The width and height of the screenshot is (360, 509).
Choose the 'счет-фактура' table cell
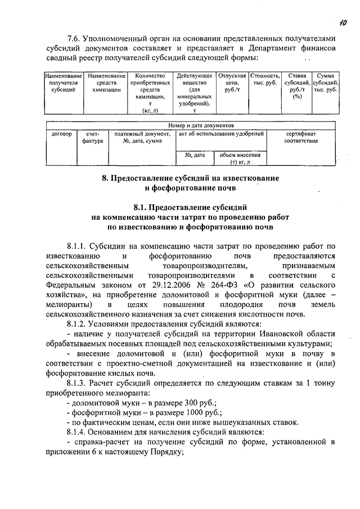coord(93,137)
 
